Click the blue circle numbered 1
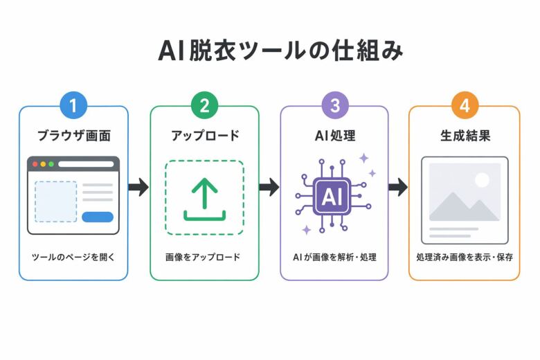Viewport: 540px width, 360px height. pos(73,106)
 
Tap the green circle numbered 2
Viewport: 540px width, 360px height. pos(204,106)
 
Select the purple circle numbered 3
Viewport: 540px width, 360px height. pos(335,106)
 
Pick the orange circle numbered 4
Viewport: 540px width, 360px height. pos(465,106)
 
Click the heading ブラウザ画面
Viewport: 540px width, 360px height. pos(73,136)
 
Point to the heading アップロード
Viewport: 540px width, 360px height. pos(204,136)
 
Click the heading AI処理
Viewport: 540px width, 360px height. pos(335,136)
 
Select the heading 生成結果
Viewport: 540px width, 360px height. pos(465,136)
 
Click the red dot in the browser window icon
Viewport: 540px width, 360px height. pos(33,165)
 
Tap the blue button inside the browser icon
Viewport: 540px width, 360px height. pos(97,217)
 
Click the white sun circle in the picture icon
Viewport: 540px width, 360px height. pos(482,180)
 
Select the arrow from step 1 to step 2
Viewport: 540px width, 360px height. pos(138,187)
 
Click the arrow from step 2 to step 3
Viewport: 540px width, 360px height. pos(269,187)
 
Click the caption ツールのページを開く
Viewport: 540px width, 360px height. pos(73,257)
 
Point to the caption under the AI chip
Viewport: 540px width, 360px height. pos(335,257)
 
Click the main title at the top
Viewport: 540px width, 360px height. pos(270,51)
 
